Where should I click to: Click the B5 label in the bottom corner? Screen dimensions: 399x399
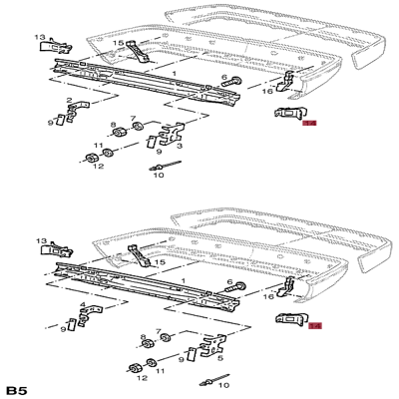(x=16, y=389)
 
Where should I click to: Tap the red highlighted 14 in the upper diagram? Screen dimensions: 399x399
(x=309, y=125)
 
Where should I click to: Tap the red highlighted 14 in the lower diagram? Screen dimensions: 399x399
(x=315, y=325)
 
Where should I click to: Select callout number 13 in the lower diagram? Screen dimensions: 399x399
(x=42, y=239)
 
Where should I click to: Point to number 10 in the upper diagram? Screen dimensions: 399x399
(x=158, y=176)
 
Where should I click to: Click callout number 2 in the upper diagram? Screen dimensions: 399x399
(x=69, y=101)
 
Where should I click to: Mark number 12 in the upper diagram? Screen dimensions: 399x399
(x=99, y=166)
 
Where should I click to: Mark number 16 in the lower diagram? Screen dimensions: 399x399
(x=268, y=296)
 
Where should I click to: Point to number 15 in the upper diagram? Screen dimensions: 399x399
(x=117, y=45)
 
